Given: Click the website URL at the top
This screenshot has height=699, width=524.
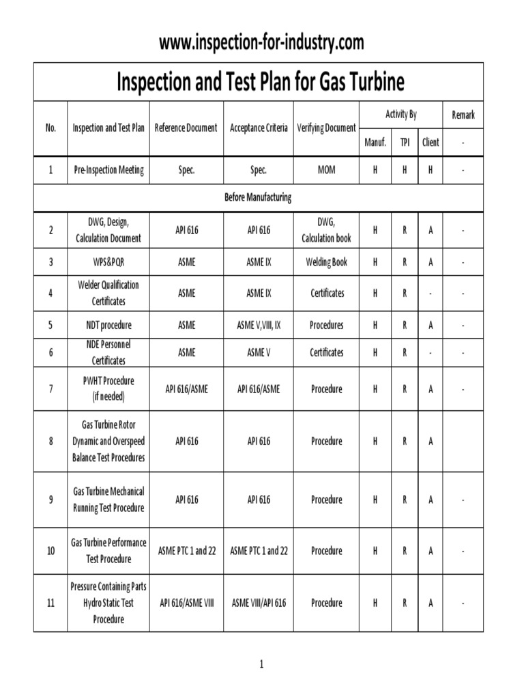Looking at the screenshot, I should [261, 42].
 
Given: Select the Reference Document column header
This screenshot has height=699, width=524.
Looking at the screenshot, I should [186, 128].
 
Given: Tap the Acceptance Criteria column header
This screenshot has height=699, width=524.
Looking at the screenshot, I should [259, 128].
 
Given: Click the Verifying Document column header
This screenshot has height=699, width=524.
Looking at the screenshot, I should [326, 128].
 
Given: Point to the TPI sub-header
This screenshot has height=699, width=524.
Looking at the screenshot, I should [405, 143].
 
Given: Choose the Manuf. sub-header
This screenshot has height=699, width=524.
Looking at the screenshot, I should [375, 143].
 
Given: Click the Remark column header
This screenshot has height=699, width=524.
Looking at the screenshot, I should [463, 115].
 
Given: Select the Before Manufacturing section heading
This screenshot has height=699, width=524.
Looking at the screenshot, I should [259, 197].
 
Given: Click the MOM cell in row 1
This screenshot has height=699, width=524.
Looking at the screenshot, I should [326, 170].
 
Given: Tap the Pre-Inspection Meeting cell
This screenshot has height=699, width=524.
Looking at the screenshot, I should [108, 170].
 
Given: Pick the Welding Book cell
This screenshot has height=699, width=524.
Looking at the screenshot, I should [326, 262].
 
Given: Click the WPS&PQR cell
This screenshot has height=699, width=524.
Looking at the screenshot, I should [108, 262].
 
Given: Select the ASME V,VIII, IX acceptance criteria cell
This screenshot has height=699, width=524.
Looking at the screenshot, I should [259, 325].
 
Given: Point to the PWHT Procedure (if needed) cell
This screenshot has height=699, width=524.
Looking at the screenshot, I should [108, 388].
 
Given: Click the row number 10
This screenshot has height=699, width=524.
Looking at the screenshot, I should [50, 550].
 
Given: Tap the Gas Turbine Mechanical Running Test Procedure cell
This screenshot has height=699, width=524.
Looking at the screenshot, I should [108, 500].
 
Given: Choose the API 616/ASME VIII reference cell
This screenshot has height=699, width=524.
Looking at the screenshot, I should [186, 603].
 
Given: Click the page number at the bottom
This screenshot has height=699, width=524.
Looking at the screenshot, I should [261, 664].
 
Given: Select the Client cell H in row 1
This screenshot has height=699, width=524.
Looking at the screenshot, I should [430, 170].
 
